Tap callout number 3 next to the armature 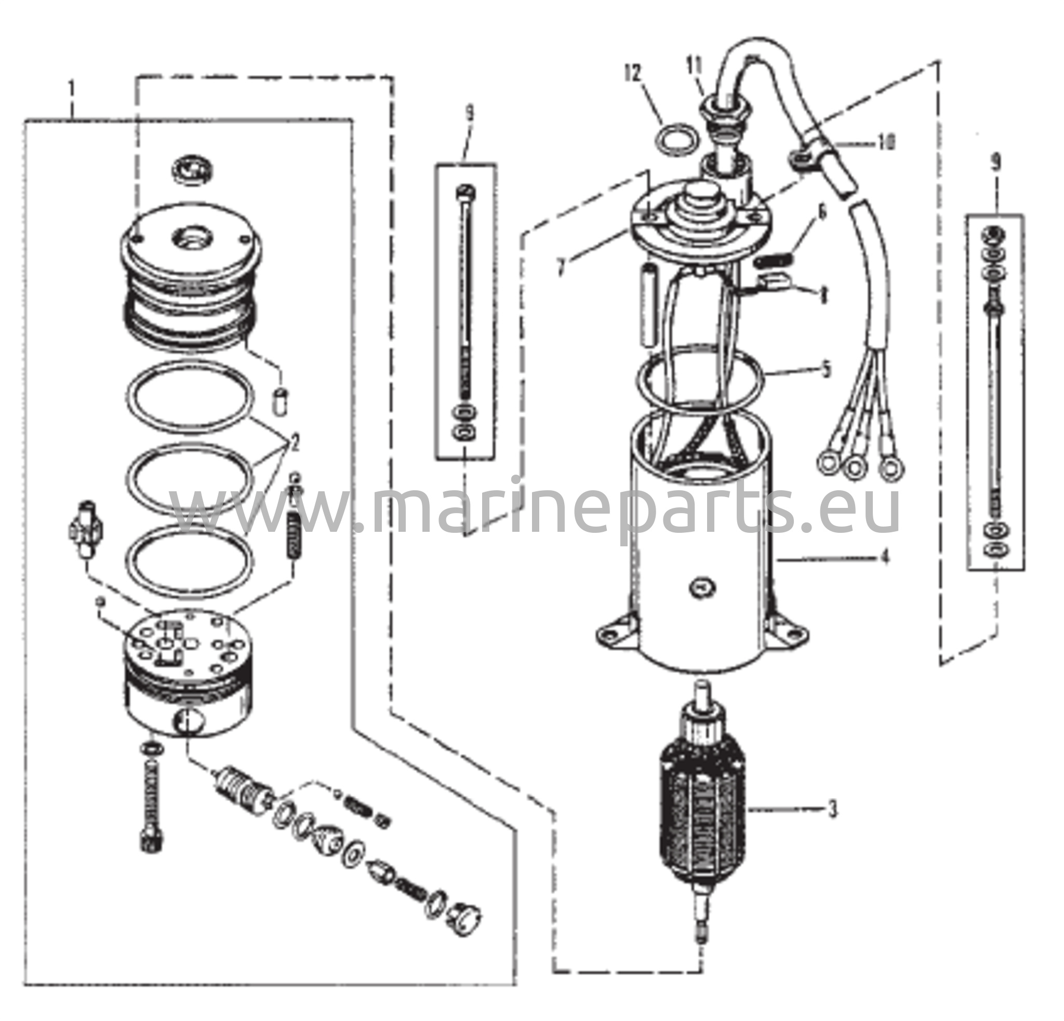tap(832, 811)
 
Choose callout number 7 tap(561, 267)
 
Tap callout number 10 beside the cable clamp tap(885, 143)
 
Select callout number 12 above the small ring tap(632, 73)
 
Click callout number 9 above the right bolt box tap(995, 163)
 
